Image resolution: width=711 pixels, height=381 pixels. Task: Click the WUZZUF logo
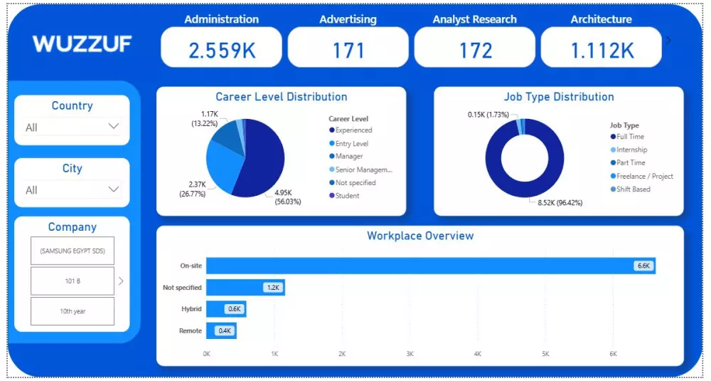[82, 44]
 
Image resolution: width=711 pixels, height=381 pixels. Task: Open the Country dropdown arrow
[113, 127]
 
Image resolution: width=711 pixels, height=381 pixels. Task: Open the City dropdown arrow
[113, 189]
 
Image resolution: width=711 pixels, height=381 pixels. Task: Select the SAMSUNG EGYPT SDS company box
[72, 251]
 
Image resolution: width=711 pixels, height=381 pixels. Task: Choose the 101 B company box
[72, 281]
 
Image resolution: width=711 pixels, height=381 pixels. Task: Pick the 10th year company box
[72, 311]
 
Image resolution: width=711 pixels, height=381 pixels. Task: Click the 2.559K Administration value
[221, 50]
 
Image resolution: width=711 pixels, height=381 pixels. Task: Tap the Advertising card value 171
[348, 50]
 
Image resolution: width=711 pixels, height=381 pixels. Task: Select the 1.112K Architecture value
[602, 50]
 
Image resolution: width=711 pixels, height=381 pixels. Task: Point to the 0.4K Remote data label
[225, 330]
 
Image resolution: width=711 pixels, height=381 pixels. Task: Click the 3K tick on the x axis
[410, 354]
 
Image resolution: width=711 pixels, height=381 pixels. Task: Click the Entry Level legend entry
[351, 144]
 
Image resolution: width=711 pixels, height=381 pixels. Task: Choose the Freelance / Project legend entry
[645, 176]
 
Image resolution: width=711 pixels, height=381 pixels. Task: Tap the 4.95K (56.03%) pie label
[287, 197]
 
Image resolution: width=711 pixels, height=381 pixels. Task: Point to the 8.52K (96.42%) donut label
[555, 202]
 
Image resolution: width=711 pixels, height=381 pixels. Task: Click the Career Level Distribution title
[282, 97]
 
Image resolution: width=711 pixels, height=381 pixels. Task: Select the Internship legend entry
[631, 150]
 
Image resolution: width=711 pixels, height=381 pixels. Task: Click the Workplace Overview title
[419, 236]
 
